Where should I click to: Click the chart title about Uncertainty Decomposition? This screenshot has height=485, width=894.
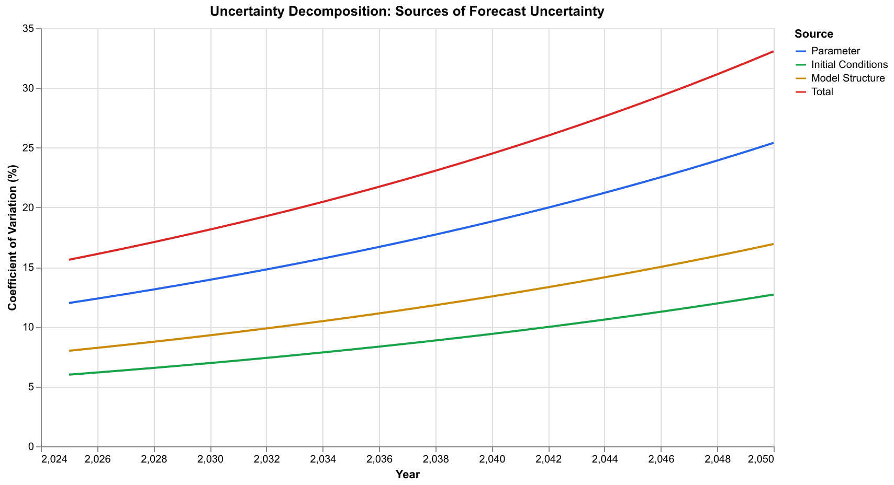click(407, 11)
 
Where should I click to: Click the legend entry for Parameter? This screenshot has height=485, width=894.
click(835, 51)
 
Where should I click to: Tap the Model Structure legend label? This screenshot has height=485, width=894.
click(847, 78)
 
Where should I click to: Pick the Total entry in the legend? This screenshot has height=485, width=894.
click(822, 92)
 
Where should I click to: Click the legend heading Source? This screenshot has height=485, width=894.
click(813, 34)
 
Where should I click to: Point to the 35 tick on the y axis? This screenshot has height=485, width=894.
click(28, 29)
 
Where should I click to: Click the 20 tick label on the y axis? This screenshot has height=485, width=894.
click(28, 208)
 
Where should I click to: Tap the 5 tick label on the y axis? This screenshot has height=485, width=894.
click(30, 387)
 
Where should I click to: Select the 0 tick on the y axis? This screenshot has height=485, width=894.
click(30, 447)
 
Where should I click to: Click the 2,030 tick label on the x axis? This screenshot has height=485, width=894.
click(210, 459)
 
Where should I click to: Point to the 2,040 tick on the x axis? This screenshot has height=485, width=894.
click(492, 459)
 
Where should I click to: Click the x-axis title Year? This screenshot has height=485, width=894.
click(407, 475)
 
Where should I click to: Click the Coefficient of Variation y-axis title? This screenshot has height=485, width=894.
click(13, 238)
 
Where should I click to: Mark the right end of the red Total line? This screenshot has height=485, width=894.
click(773, 51)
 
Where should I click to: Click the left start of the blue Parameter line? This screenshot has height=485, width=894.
click(70, 303)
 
